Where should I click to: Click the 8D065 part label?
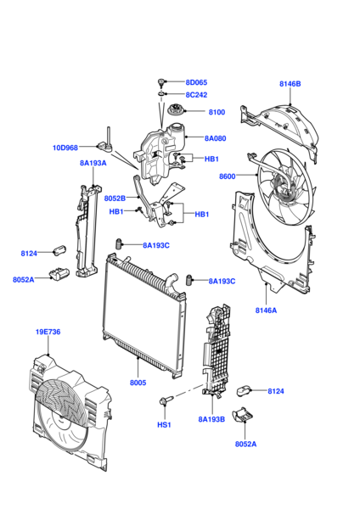(x=196, y=82)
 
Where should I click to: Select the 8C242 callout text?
(x=196, y=95)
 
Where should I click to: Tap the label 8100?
(x=217, y=112)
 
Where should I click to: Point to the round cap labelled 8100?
(x=176, y=109)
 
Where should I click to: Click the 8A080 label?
(x=215, y=138)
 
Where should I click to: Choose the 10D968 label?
(x=65, y=148)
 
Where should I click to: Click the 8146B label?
(x=290, y=84)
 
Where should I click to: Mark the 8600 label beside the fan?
(x=227, y=176)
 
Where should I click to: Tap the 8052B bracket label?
(x=115, y=198)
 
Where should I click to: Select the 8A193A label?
(x=93, y=163)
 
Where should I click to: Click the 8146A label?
(x=266, y=310)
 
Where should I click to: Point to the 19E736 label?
(x=48, y=332)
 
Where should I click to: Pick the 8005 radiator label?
(x=138, y=383)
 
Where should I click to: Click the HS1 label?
(x=164, y=425)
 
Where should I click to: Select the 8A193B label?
(x=211, y=419)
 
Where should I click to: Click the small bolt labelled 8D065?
(x=161, y=82)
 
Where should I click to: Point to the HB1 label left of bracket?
(x=116, y=212)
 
